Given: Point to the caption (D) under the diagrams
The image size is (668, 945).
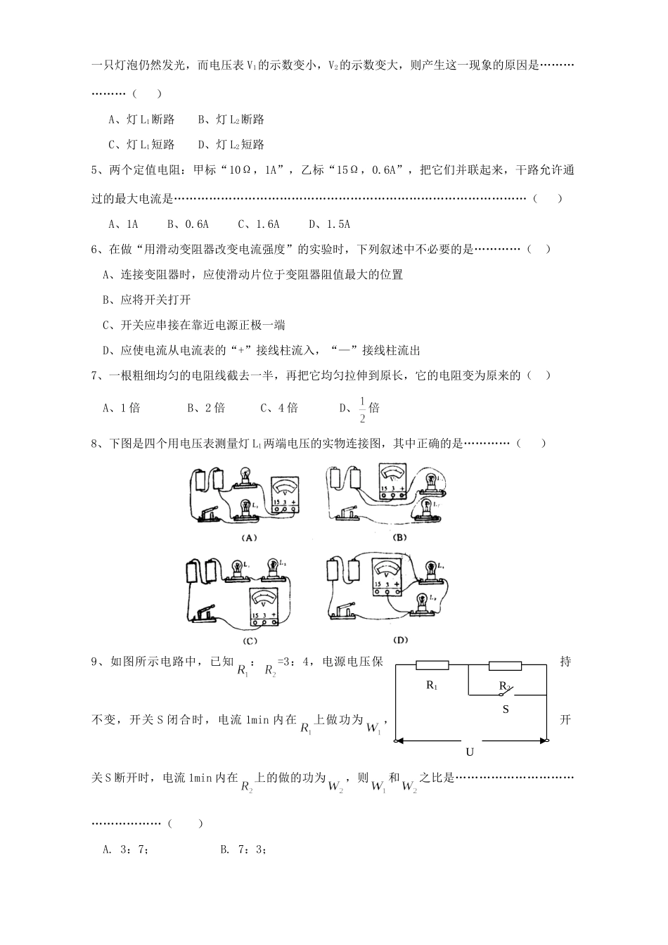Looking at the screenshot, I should click(401, 640).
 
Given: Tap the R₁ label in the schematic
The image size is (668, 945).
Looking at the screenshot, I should click(432, 686).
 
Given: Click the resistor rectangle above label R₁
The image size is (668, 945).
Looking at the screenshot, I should click(432, 665).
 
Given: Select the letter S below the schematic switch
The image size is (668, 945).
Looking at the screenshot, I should click(505, 709).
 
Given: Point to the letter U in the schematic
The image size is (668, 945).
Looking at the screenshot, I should click(470, 752).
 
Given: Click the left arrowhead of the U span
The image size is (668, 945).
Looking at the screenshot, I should click(399, 740).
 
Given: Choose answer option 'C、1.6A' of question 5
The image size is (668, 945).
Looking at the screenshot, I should click(259, 224).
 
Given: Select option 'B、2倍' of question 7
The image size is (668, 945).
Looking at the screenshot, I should click(205, 408).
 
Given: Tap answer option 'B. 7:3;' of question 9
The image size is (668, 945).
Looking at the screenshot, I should click(243, 849).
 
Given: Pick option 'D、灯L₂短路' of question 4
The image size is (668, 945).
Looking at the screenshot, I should click(231, 145).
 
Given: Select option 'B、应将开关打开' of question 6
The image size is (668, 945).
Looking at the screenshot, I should click(146, 300).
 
